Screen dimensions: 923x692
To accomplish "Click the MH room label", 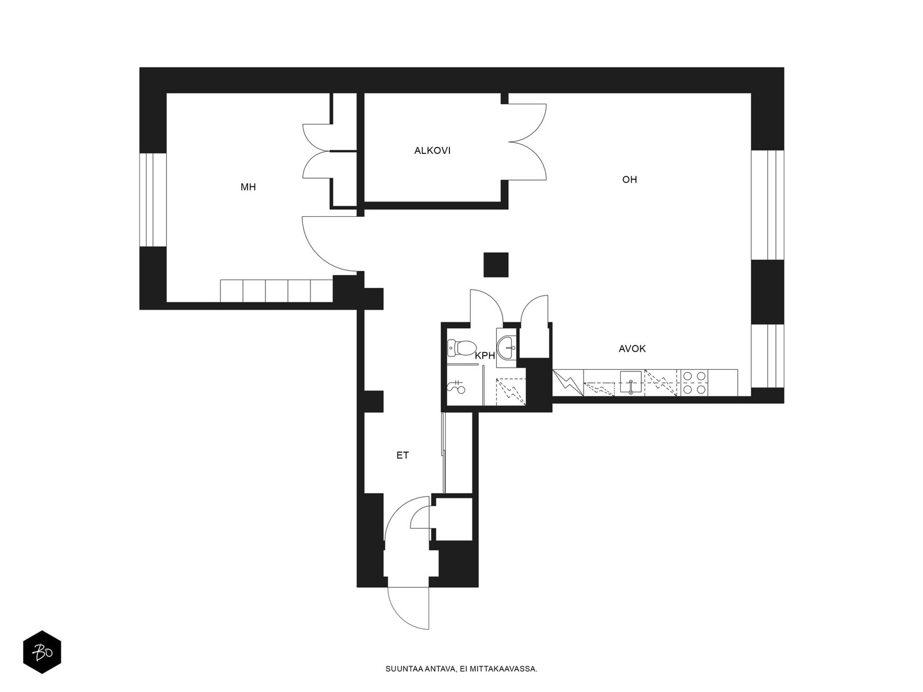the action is click(x=248, y=187).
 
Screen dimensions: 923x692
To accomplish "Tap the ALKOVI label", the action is click(x=432, y=151).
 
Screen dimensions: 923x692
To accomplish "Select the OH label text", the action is click(x=629, y=179).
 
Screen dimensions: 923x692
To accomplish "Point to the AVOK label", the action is click(x=632, y=348).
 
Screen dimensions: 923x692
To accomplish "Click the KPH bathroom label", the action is click(x=485, y=356).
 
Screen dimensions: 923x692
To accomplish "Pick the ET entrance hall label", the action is click(x=403, y=455).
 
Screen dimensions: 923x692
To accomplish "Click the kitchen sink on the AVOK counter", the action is click(x=631, y=382).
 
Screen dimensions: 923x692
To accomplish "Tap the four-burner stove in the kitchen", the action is click(x=694, y=383).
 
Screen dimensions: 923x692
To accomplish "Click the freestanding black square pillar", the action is click(x=496, y=265).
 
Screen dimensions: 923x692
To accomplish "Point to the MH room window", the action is click(x=153, y=200).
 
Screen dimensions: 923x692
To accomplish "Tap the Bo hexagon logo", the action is click(x=42, y=652).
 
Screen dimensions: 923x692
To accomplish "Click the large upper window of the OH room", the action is click(x=768, y=205).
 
